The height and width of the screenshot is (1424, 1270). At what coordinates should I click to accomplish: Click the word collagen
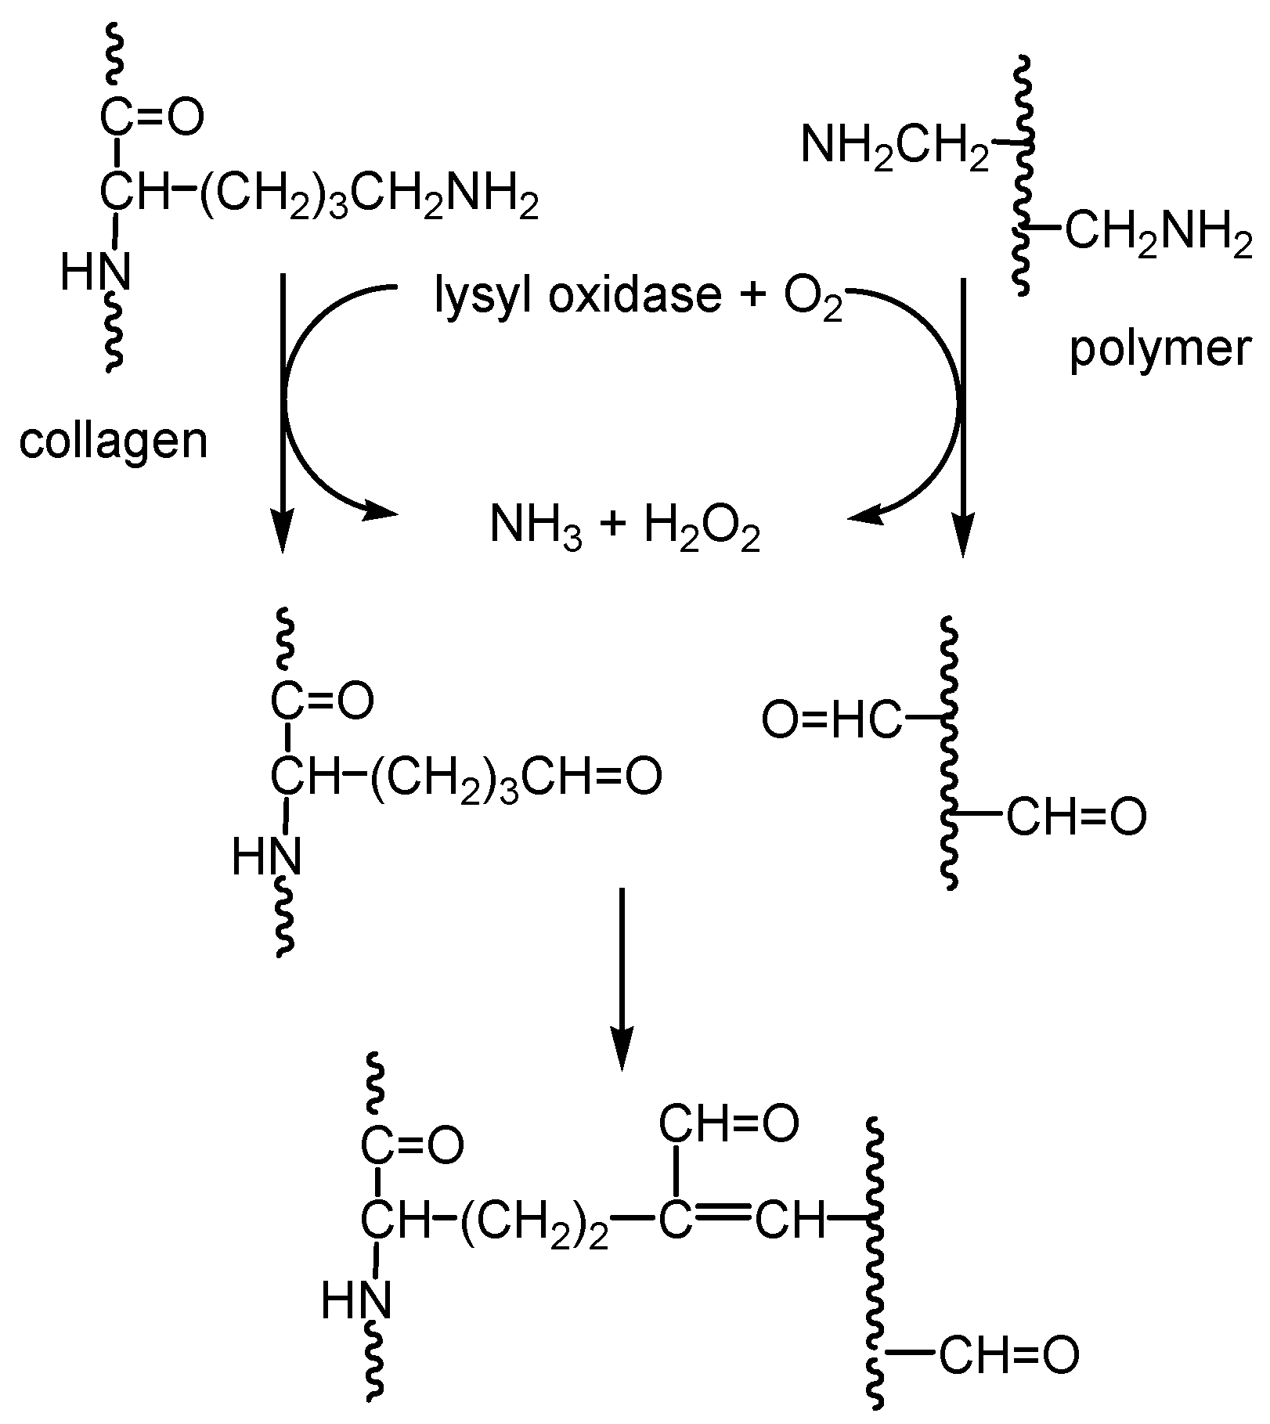(114, 442)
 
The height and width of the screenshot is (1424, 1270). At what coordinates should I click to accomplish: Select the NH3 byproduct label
(536, 525)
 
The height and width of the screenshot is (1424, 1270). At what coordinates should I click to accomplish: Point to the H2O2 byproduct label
(702, 527)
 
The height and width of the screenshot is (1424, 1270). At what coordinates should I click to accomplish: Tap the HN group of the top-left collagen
(96, 274)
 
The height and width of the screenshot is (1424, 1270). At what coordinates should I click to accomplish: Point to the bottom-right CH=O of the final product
(1008, 1357)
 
